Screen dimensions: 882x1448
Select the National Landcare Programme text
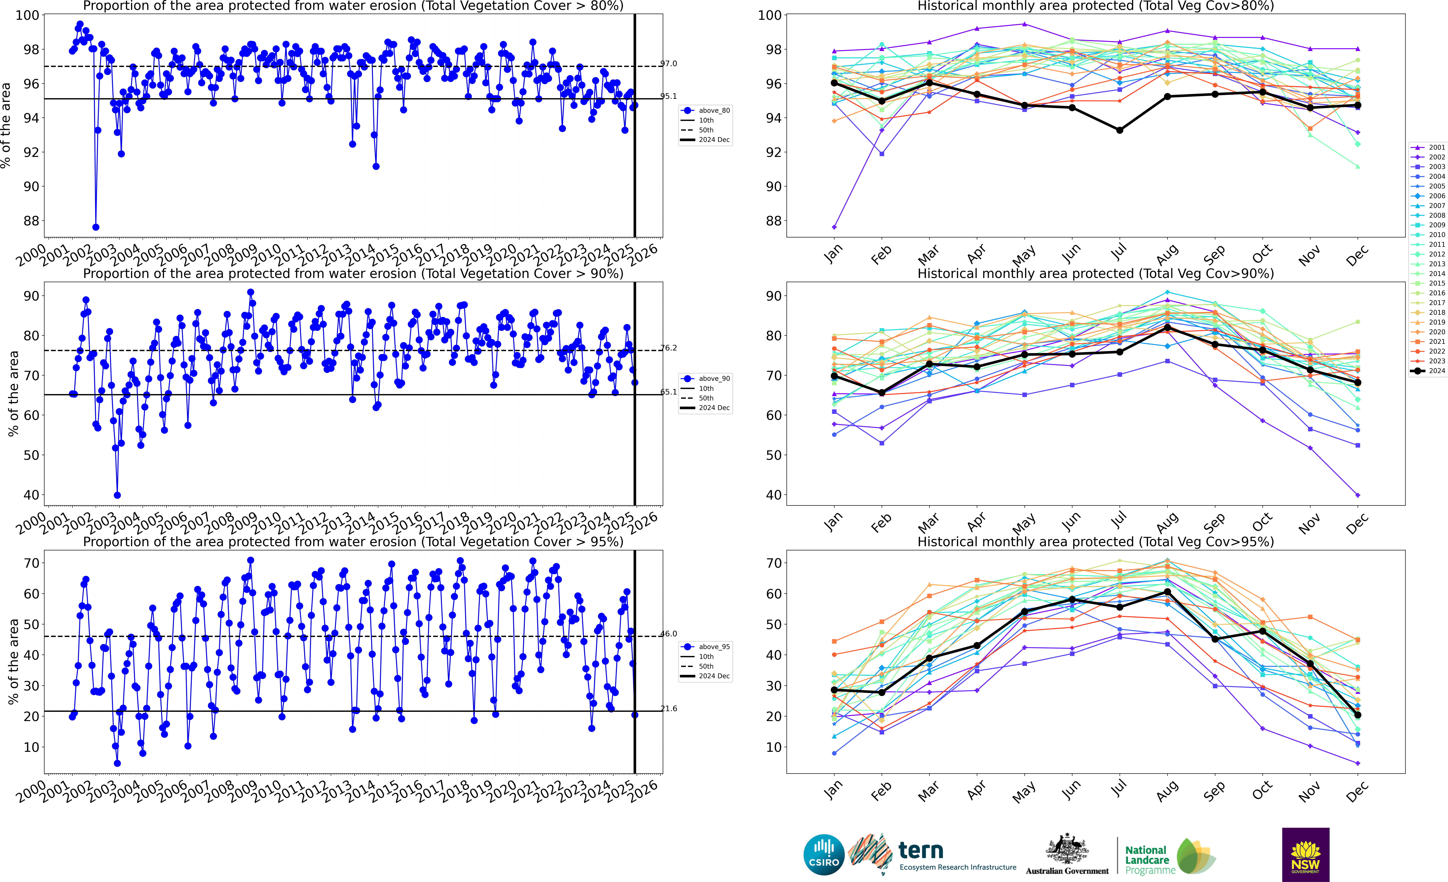[1149, 860]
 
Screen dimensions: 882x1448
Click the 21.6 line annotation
[669, 709]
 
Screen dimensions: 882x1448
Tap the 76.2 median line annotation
[669, 348]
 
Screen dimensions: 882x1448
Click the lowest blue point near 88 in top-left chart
[96, 227]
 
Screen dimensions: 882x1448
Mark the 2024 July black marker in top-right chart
[1120, 130]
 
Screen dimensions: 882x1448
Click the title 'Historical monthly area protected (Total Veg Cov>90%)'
[1095, 273]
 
